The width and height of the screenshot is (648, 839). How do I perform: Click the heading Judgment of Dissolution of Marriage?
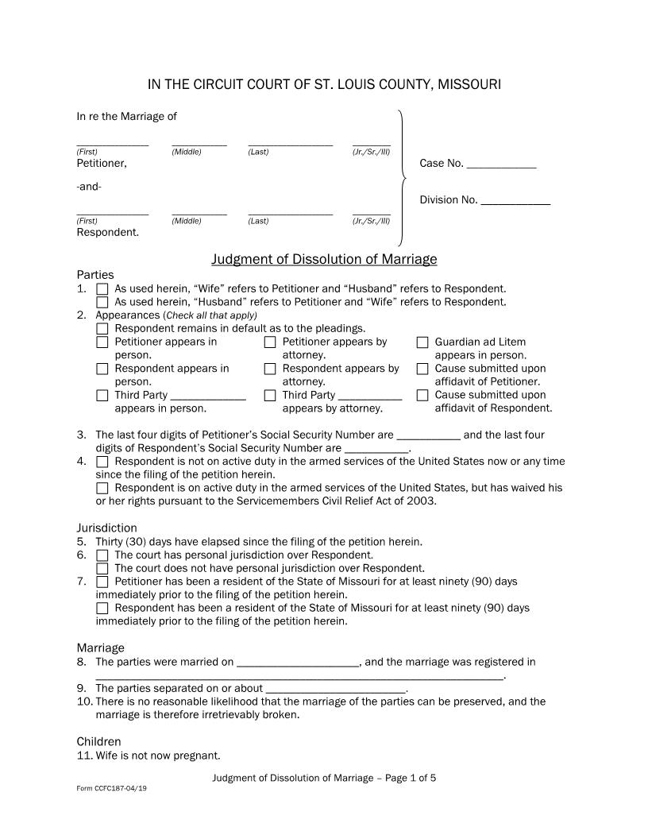tap(324, 260)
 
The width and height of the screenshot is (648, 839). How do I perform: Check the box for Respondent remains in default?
tap(102, 329)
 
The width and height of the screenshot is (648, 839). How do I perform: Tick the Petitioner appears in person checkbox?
tap(102, 342)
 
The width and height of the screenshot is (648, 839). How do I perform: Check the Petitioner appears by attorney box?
tap(270, 342)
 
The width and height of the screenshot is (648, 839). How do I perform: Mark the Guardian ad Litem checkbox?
tap(422, 342)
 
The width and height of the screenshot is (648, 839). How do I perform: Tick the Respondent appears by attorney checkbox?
tap(270, 369)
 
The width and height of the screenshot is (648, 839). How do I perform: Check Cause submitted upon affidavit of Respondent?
tap(422, 395)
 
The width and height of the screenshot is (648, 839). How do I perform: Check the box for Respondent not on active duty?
tap(102, 462)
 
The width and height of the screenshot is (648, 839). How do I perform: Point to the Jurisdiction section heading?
tap(106, 528)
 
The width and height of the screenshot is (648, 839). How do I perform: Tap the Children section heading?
tap(98, 742)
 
